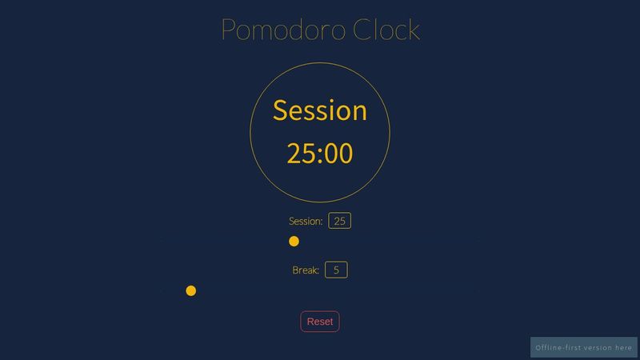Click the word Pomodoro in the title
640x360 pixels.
click(x=283, y=30)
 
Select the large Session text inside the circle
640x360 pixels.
click(x=320, y=110)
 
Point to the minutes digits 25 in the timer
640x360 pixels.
click(x=301, y=154)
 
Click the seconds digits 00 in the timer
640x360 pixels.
click(x=338, y=154)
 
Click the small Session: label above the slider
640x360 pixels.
click(x=306, y=222)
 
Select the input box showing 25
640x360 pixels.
click(x=340, y=222)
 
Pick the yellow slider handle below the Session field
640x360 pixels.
click(x=294, y=242)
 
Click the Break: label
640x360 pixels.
click(x=306, y=270)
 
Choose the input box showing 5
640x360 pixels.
click(x=336, y=270)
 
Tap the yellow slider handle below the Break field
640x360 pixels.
click(x=191, y=290)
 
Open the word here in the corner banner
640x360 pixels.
click(x=624, y=348)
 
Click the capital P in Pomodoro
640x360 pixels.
click(x=230, y=30)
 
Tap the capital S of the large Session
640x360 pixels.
click(x=281, y=110)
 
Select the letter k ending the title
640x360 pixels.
click(x=413, y=30)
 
